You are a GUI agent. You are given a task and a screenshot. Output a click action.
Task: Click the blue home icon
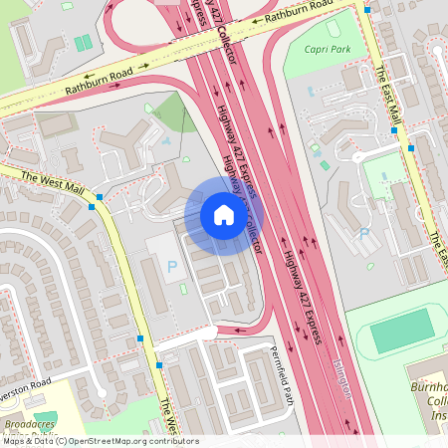pyautogui.click(x=223, y=215)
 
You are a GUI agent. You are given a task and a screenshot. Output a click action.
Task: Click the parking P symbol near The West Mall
pyautogui.click(x=172, y=267)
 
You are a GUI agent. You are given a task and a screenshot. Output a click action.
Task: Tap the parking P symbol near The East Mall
pyautogui.click(x=364, y=234)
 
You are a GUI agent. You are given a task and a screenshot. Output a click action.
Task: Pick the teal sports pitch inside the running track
pyautogui.click(x=402, y=331)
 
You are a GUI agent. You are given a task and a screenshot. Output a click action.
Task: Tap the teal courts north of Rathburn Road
pyautogui.click(x=82, y=44)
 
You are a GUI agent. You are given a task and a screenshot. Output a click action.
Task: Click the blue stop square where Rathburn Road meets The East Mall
pyautogui.click(x=367, y=9)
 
